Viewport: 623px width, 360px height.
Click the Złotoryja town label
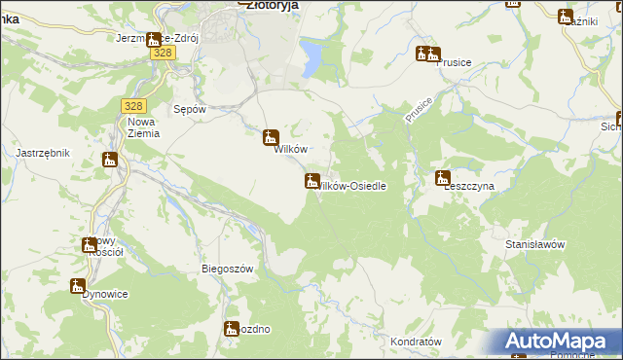[273, 5]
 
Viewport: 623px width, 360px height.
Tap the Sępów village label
[189, 110]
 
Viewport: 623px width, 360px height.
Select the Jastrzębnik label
[43, 153]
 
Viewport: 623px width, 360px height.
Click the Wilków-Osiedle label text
[356, 185]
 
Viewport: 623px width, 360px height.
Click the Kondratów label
[416, 342]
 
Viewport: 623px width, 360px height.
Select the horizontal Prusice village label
[454, 62]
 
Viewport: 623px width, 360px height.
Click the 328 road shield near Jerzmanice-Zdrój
[164, 54]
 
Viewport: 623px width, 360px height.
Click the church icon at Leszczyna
[443, 178]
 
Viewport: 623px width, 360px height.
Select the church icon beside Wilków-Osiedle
[311, 180]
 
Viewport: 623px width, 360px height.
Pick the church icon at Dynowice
[77, 285]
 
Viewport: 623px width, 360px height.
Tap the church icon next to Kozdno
[232, 329]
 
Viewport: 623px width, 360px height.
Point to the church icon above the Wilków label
[272, 137]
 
